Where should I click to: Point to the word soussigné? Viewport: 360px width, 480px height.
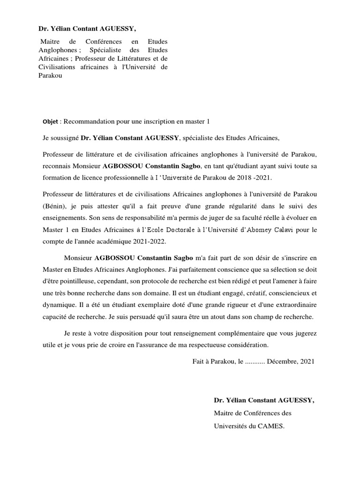coord(64,138)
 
